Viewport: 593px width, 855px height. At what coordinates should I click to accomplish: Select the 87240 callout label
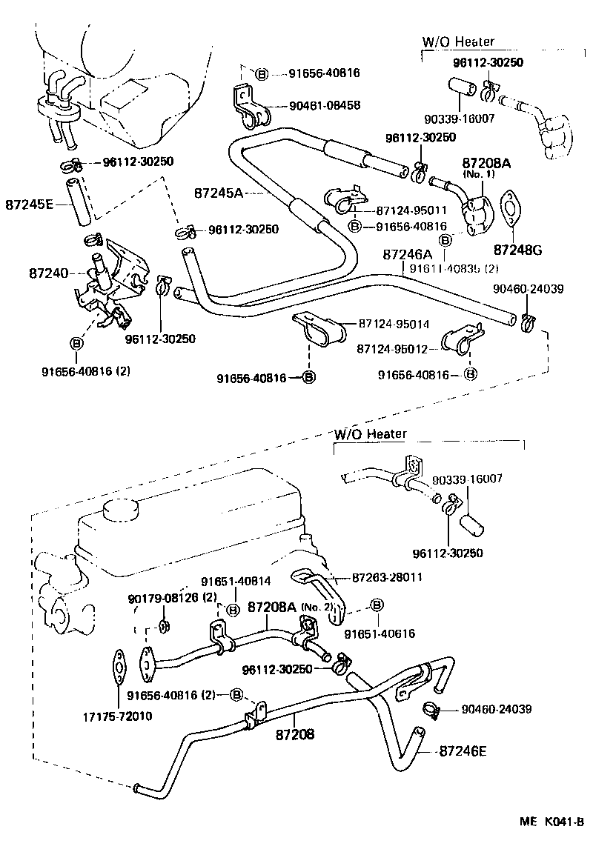click(49, 273)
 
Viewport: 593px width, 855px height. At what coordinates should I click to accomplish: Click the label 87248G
click(517, 250)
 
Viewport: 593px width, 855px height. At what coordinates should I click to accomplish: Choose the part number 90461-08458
click(325, 106)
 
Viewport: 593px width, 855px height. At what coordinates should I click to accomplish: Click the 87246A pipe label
click(408, 254)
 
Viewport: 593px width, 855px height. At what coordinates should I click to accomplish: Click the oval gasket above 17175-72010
click(119, 668)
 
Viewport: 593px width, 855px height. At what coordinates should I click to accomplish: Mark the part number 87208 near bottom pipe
click(295, 734)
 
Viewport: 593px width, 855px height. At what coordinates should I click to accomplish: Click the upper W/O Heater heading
click(458, 42)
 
